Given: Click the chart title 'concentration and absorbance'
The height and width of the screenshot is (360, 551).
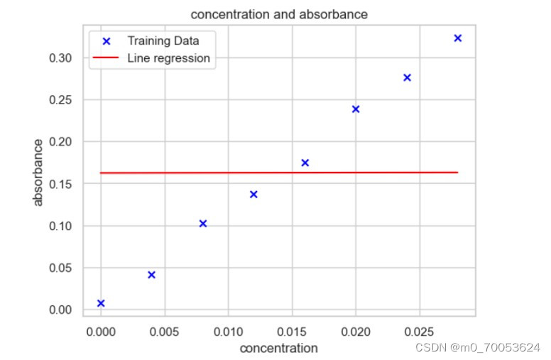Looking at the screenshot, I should tap(279, 14).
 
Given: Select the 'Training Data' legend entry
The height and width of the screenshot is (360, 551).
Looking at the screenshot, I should tap(163, 41).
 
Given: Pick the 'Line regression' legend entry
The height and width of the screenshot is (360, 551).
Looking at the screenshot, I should tap(168, 58).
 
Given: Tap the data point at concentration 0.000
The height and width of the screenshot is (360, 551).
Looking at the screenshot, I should tap(101, 303).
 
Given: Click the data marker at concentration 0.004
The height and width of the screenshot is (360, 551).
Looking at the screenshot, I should tap(151, 275).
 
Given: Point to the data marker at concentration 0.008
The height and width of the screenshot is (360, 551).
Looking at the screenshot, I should tap(203, 224).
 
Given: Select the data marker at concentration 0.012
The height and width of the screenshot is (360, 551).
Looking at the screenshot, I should tap(253, 195).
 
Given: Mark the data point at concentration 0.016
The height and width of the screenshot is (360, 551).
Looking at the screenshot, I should tap(305, 163).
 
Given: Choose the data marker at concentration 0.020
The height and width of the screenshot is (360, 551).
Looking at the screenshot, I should tap(356, 109).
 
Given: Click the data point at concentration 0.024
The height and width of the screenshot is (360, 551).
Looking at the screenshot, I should tap(407, 77).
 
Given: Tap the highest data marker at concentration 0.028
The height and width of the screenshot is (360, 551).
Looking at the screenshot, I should tap(458, 38).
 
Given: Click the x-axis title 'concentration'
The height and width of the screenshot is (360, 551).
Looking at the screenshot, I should tap(278, 349).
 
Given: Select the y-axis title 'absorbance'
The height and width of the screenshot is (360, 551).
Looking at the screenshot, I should tap(38, 172).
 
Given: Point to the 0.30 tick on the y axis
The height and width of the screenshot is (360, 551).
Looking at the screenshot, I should tap(62, 58).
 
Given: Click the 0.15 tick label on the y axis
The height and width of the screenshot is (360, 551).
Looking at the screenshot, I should tap(62, 184).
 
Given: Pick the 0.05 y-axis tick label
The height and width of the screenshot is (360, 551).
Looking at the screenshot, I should tap(62, 268).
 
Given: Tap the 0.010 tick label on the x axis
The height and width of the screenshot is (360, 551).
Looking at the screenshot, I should tap(228, 331).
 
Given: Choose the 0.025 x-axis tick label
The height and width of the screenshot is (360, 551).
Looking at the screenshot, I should tap(419, 331).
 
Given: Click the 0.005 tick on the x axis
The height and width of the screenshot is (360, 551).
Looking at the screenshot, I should tap(165, 331).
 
